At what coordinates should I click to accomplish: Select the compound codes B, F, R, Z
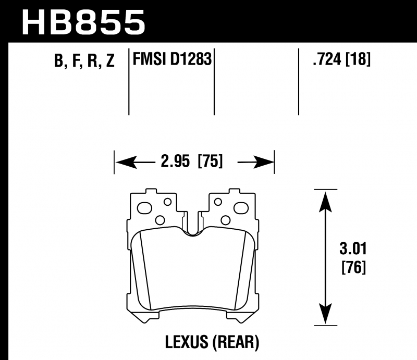tap(84, 60)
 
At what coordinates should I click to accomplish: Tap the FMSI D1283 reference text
tap(172, 59)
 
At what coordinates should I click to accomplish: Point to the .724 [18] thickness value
tap(341, 59)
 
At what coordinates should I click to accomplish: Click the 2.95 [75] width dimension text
tap(191, 162)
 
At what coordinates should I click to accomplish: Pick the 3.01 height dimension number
tap(353, 249)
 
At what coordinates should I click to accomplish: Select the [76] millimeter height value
tap(354, 267)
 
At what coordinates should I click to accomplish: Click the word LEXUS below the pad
tap(187, 342)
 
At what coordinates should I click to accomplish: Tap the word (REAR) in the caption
tap(236, 342)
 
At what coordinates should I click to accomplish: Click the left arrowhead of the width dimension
tap(126, 162)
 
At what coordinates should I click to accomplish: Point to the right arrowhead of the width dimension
tap(263, 162)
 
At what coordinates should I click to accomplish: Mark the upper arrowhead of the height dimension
tap(325, 202)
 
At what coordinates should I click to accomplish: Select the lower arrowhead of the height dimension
tap(325, 314)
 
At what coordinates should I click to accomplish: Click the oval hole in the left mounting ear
tap(144, 208)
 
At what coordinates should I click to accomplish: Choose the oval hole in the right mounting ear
tap(241, 208)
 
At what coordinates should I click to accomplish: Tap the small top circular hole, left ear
tap(167, 202)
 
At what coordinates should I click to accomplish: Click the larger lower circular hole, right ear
tap(226, 220)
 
